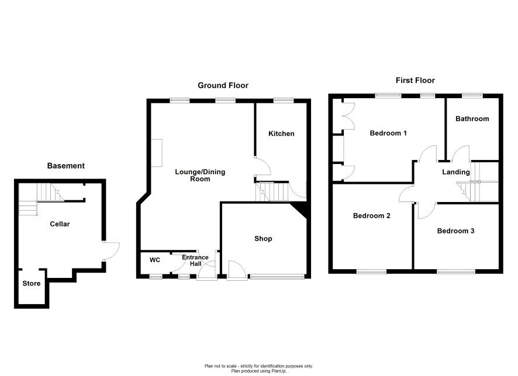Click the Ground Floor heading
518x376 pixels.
[223, 85]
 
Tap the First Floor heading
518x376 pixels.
[415, 80]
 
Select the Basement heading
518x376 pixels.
[65, 166]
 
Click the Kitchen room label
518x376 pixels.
[281, 134]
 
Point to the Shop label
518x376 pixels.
[263, 238]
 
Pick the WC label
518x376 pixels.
[154, 260]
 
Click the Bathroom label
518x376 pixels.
[472, 119]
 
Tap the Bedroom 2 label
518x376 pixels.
[372, 215]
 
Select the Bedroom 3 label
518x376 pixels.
[455, 231]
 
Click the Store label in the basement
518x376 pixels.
[32, 283]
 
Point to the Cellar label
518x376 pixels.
[60, 224]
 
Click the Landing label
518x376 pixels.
[456, 172]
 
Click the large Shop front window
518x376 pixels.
[277, 277]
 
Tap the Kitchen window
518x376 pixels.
[284, 100]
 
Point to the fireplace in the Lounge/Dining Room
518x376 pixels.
[157, 153]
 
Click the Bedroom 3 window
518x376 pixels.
[456, 271]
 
